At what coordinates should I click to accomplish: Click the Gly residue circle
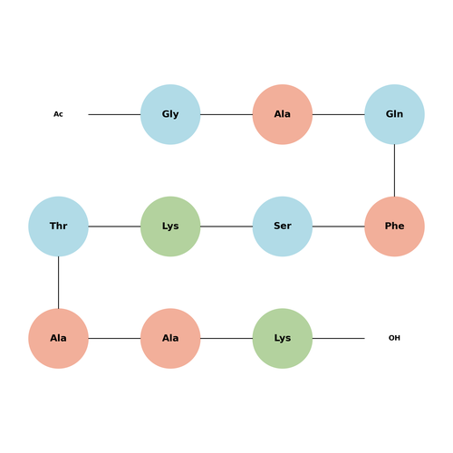170,114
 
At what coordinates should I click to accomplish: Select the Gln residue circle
394,114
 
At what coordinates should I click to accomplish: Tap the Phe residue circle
394,226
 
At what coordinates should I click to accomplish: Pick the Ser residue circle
283,226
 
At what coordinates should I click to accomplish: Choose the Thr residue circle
58,226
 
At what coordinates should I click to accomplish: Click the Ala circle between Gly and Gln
283,114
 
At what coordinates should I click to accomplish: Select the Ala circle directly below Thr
58,339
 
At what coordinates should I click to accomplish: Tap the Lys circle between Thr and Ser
170,226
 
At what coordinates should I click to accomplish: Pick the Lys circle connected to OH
283,339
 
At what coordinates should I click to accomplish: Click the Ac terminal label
58,114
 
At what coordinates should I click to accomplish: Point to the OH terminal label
394,338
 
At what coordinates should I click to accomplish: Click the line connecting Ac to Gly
114,114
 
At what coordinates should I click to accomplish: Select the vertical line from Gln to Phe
394,170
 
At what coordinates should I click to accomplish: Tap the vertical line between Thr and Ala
58,283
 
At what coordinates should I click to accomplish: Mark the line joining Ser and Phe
339,226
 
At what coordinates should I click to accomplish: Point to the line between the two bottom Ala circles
114,339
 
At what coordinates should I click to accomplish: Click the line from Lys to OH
339,339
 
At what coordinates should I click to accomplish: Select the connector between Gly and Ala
226,114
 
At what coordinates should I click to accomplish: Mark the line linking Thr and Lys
114,226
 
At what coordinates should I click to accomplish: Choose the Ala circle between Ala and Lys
170,339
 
